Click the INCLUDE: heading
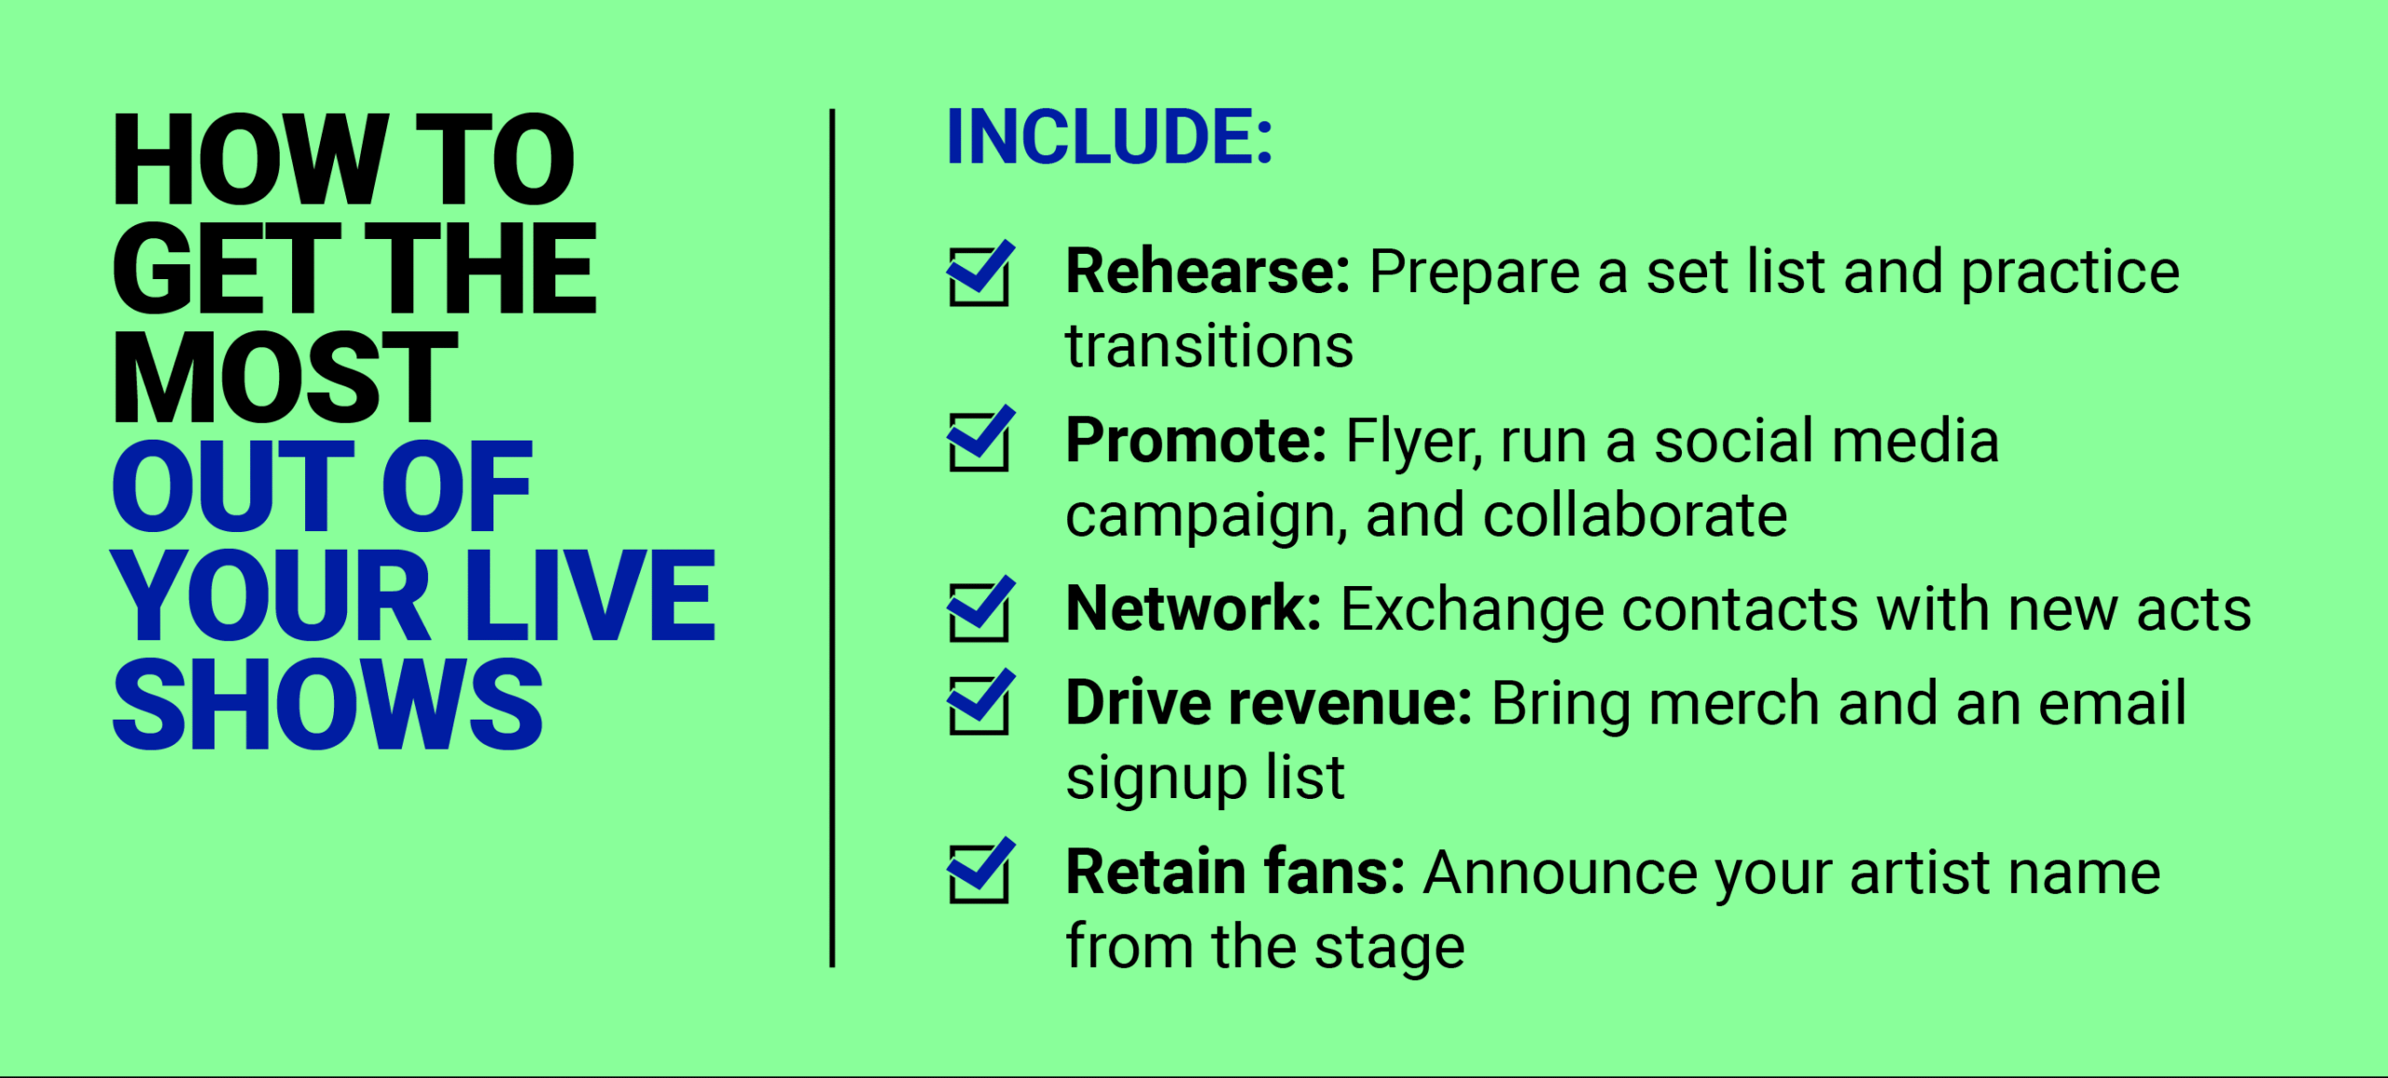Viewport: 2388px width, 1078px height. tap(1109, 137)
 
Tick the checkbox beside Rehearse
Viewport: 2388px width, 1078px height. tap(979, 274)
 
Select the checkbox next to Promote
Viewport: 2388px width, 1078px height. tap(979, 440)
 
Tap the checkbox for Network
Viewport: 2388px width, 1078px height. tap(979, 609)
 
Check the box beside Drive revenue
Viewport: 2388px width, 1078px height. tap(979, 703)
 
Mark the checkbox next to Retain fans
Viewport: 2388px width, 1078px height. tap(979, 872)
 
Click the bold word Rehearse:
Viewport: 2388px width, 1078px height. tap(1208, 272)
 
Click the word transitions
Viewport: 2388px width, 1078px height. tap(1209, 346)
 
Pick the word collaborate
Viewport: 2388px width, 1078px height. tap(1635, 515)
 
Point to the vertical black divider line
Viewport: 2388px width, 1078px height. tap(832, 538)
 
